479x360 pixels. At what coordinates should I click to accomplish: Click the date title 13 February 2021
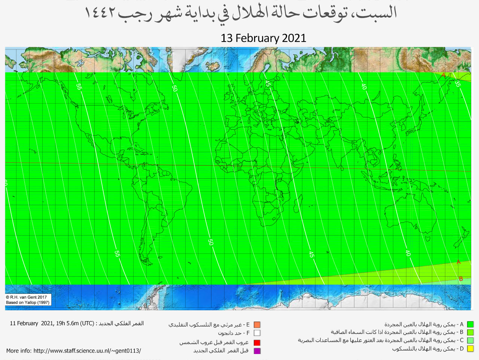263,38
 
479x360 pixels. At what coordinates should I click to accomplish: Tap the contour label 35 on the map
457,84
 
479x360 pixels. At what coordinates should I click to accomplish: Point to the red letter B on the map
461,279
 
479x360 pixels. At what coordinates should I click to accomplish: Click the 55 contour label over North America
79,87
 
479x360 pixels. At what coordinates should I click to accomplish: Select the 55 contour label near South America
117,254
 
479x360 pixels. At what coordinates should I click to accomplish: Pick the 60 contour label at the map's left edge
6,183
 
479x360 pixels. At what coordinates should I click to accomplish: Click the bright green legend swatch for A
470,324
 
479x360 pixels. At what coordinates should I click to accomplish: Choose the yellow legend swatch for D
470,349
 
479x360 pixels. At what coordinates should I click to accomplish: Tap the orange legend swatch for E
257,324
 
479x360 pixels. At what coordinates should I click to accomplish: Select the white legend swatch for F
257,333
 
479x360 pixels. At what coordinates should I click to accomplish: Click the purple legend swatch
257,351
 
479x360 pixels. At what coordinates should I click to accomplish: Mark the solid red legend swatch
257,342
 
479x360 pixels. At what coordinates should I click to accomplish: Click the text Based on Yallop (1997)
28,302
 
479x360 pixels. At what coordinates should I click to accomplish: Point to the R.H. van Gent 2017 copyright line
27,297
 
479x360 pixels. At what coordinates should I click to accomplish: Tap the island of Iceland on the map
212,67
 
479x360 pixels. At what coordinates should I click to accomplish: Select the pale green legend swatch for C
470,341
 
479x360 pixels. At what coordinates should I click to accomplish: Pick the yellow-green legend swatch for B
470,332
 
